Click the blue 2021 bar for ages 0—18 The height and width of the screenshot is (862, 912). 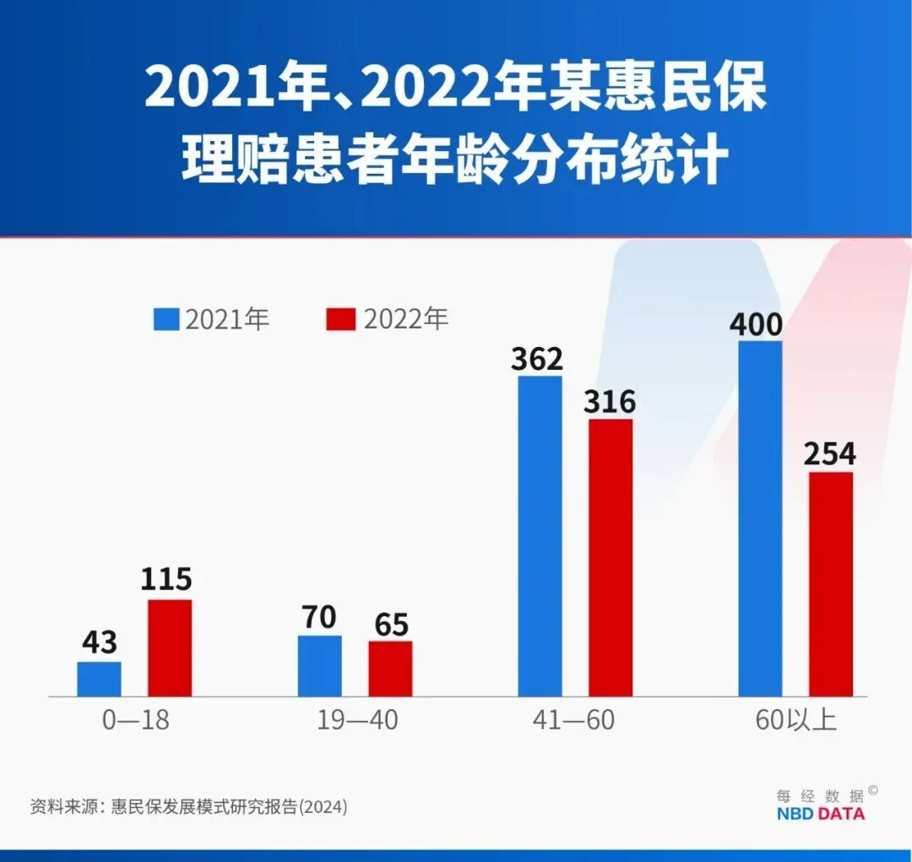(99, 679)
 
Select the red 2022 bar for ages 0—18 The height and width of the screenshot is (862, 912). (170, 648)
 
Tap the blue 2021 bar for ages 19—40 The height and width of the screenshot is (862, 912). (319, 665)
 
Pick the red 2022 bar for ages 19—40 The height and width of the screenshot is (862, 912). (390, 669)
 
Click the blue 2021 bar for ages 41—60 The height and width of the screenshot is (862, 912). (540, 536)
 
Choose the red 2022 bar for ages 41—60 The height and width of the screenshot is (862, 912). (611, 557)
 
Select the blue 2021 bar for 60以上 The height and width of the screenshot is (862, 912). (760, 518)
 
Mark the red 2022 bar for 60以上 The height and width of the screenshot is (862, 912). (831, 583)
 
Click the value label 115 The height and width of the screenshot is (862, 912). (167, 580)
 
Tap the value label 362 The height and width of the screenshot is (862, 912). (536, 359)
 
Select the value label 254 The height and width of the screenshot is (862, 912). (829, 454)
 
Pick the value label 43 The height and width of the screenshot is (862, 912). (100, 642)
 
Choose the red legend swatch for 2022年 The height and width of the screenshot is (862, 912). (341, 320)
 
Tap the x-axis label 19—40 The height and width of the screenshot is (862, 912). (357, 720)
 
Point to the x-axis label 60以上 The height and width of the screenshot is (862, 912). (796, 720)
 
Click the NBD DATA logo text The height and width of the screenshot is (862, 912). (820, 814)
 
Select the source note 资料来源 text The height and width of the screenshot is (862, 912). (188, 806)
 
